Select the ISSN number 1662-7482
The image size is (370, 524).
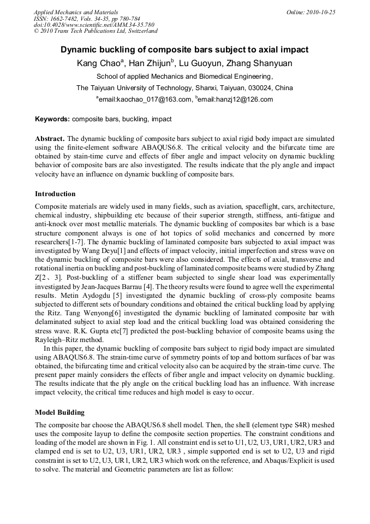67,18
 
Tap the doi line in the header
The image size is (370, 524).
94,25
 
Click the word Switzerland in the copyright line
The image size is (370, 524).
140,31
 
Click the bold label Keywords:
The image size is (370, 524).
52,119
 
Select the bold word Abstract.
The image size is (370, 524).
50,139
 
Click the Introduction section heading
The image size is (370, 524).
55,194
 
